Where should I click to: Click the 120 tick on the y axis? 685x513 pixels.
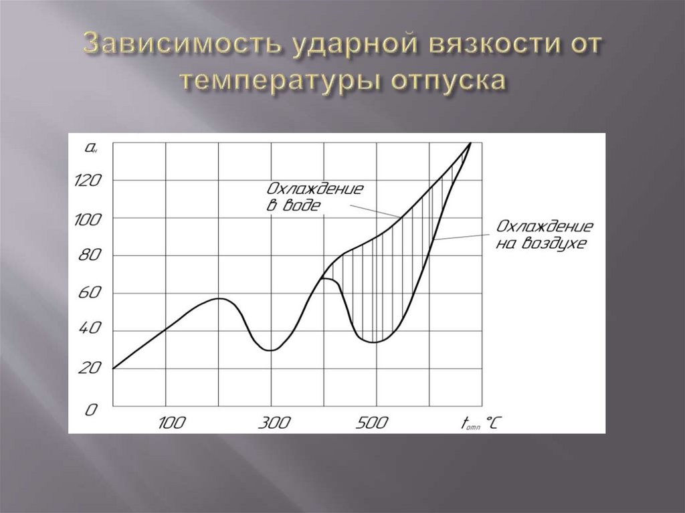(x=90, y=179)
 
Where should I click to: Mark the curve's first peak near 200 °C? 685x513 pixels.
(x=219, y=298)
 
